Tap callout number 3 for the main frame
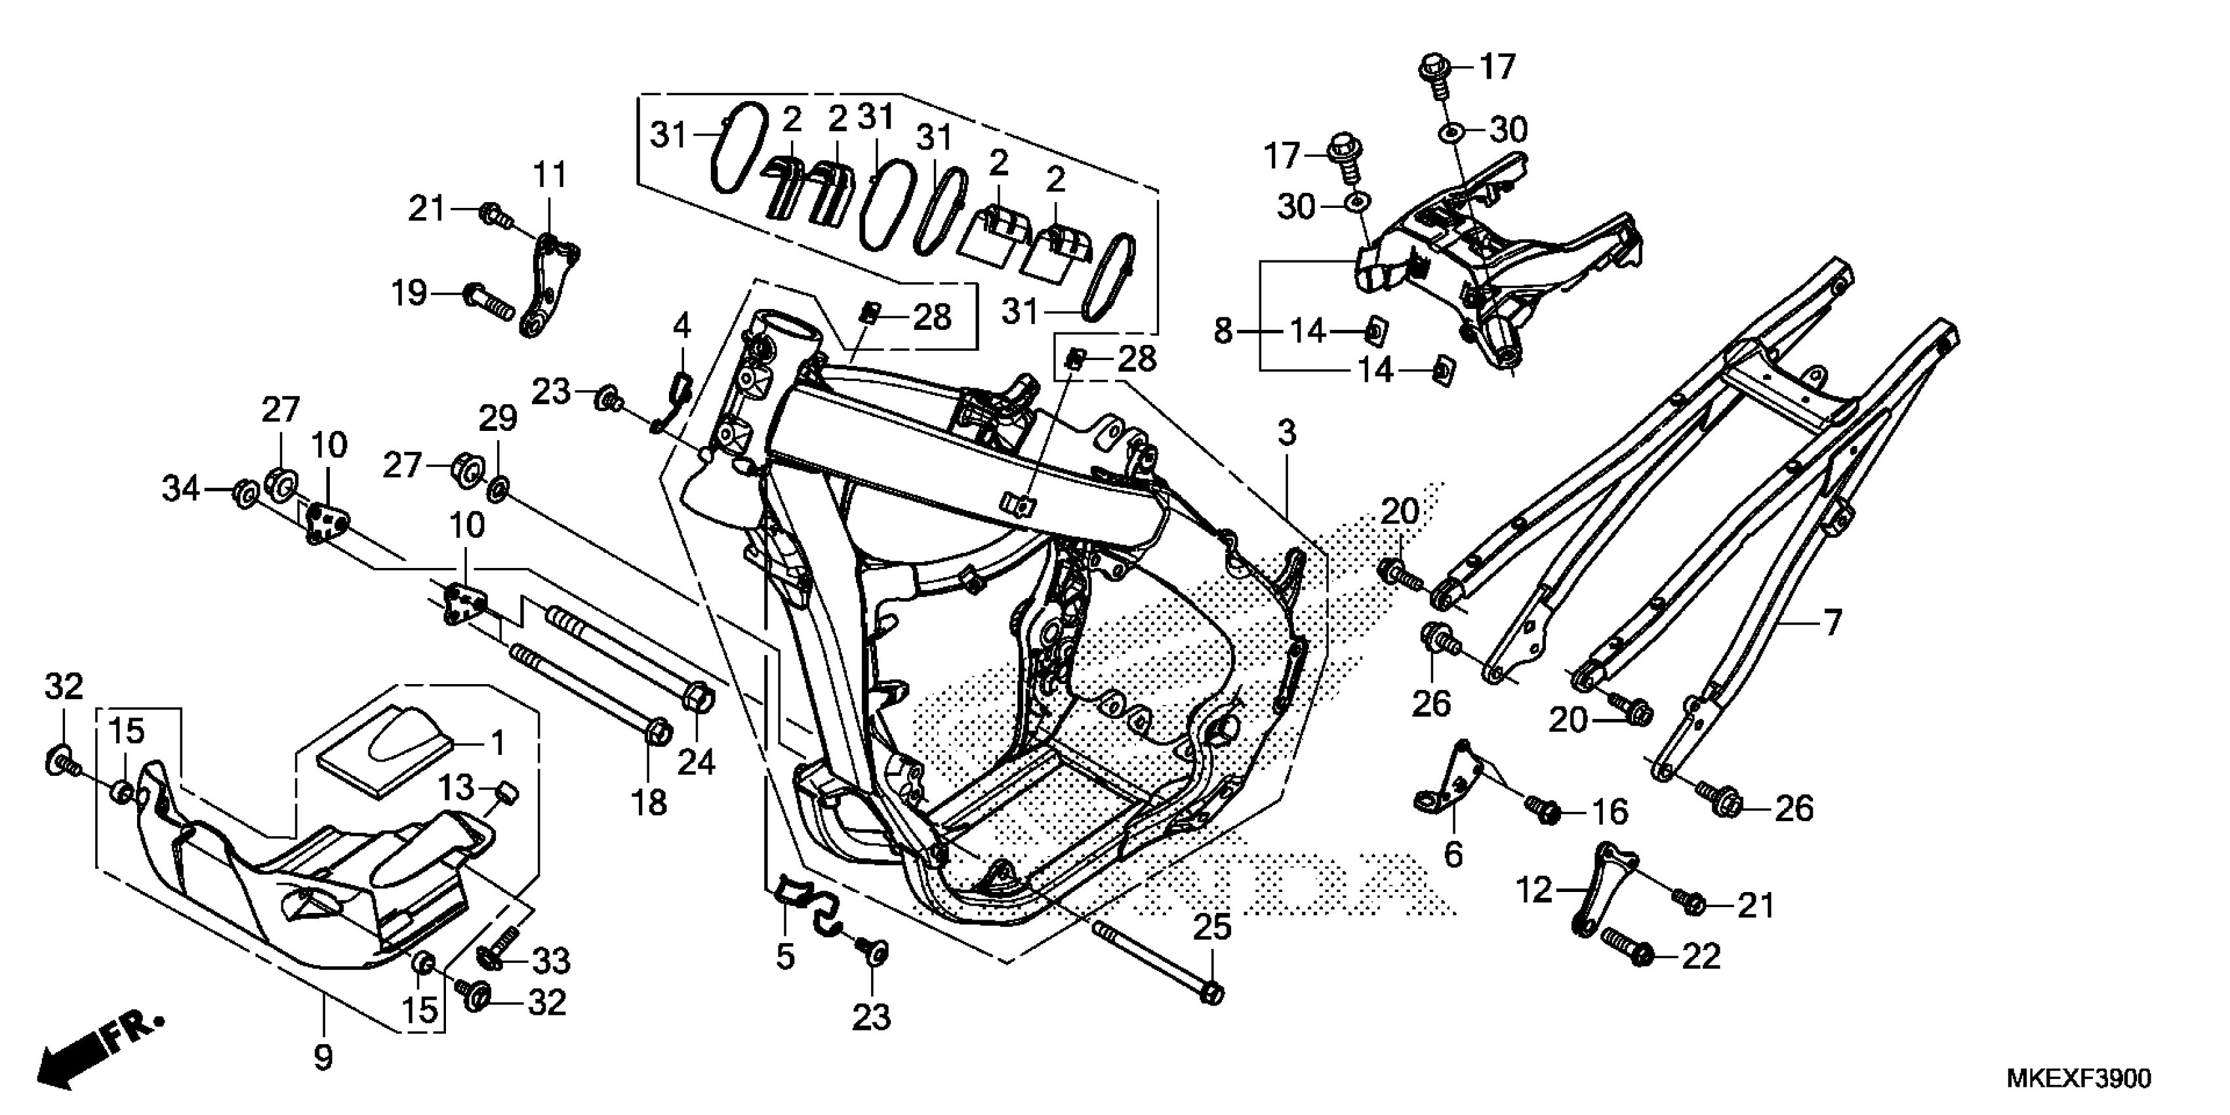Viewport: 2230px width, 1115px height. click(1287, 434)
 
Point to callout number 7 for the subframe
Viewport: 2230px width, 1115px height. click(1832, 622)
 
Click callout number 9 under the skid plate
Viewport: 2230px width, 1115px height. click(323, 1057)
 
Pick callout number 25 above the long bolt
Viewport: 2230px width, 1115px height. click(1212, 928)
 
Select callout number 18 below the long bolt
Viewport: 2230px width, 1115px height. click(649, 803)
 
